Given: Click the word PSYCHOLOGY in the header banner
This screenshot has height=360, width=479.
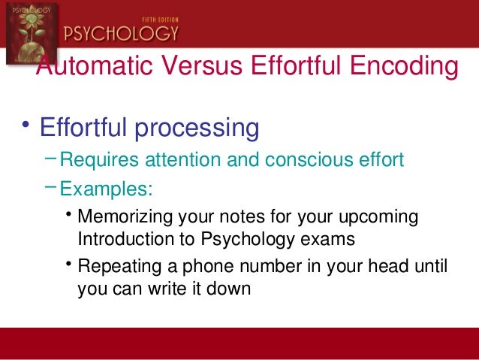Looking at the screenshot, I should coord(122,32).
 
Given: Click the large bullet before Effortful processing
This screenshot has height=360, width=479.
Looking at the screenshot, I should coord(26,124).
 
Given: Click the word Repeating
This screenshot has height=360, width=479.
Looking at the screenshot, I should coord(117,266).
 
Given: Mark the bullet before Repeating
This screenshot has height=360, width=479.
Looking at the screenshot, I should coord(69,263).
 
